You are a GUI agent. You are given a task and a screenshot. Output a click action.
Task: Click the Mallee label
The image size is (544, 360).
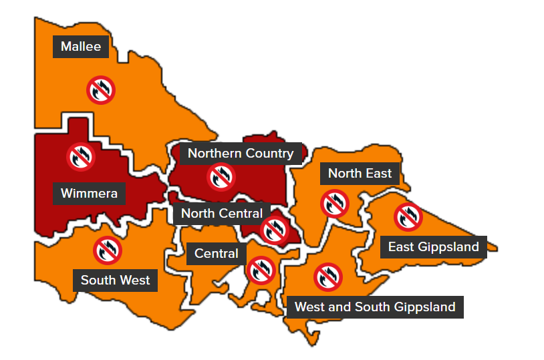[81, 47]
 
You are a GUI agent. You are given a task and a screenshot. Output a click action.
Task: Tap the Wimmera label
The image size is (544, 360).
[89, 194]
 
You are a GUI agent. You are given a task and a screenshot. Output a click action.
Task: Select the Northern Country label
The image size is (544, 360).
[241, 154]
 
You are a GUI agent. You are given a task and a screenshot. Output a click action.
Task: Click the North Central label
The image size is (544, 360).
[221, 214]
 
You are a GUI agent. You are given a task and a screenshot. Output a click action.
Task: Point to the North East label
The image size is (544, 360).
[360, 174]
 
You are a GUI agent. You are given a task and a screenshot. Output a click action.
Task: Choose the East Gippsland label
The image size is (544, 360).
[433, 247]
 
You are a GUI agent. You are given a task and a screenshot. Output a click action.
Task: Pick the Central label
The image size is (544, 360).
[216, 254]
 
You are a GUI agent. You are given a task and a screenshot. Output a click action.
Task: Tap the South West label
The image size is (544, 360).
[115, 280]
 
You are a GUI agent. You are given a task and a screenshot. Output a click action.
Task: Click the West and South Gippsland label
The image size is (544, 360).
[375, 307]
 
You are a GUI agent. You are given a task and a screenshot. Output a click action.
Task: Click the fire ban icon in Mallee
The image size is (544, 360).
[101, 89]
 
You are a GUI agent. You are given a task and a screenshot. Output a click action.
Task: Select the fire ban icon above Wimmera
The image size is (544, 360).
[82, 156]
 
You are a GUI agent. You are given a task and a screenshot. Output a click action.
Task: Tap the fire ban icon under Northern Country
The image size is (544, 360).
[221, 177]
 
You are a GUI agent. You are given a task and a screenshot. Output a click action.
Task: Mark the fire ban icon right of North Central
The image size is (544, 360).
[274, 230]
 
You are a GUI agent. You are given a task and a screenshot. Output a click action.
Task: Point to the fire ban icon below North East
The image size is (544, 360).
[334, 204]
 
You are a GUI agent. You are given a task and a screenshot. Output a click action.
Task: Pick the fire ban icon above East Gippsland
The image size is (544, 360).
[408, 216]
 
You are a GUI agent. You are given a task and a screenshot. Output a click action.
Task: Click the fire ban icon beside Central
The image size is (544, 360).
[261, 271]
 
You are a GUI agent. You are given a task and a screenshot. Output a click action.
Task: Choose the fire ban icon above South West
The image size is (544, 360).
[107, 250]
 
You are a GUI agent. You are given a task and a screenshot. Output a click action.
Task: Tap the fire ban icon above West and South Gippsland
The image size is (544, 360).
[327, 277]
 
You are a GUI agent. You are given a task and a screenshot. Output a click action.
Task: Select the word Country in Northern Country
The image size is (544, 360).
[269, 154]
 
